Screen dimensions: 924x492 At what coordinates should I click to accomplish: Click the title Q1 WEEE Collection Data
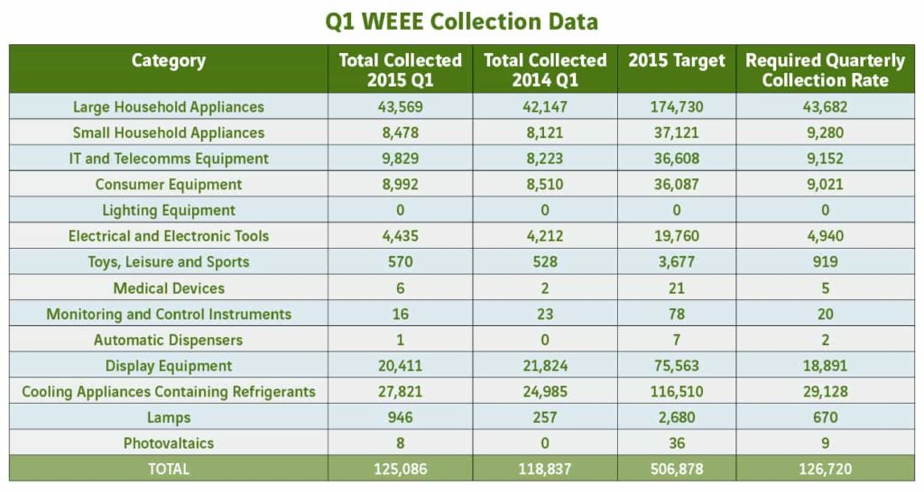461,22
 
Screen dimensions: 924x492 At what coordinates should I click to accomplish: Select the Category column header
169,60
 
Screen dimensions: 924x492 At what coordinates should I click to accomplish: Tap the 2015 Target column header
677,60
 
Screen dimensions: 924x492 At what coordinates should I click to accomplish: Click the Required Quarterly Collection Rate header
825,70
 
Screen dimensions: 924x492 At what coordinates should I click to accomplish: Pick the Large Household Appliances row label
169,107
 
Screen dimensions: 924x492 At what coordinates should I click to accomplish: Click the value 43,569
400,107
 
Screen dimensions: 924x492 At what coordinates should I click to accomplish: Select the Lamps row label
169,417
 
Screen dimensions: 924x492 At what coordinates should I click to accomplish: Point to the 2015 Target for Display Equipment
677,366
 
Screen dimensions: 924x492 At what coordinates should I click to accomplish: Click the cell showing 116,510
677,391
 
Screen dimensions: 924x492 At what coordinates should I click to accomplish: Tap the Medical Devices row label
169,287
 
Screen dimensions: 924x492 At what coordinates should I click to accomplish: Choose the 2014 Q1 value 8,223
544,159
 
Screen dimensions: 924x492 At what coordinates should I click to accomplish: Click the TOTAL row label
169,469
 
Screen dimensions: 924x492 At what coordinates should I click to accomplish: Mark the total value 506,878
677,469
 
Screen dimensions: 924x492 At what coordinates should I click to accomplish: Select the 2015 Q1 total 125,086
400,469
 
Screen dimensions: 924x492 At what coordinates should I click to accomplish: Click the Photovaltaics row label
169,443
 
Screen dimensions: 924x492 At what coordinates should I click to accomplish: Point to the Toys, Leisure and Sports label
169,262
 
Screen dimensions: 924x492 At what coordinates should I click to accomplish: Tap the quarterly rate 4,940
825,236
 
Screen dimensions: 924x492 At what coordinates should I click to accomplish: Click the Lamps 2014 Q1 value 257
544,417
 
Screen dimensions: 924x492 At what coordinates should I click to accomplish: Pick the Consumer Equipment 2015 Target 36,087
677,184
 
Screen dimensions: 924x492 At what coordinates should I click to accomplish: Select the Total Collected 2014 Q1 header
544,70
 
